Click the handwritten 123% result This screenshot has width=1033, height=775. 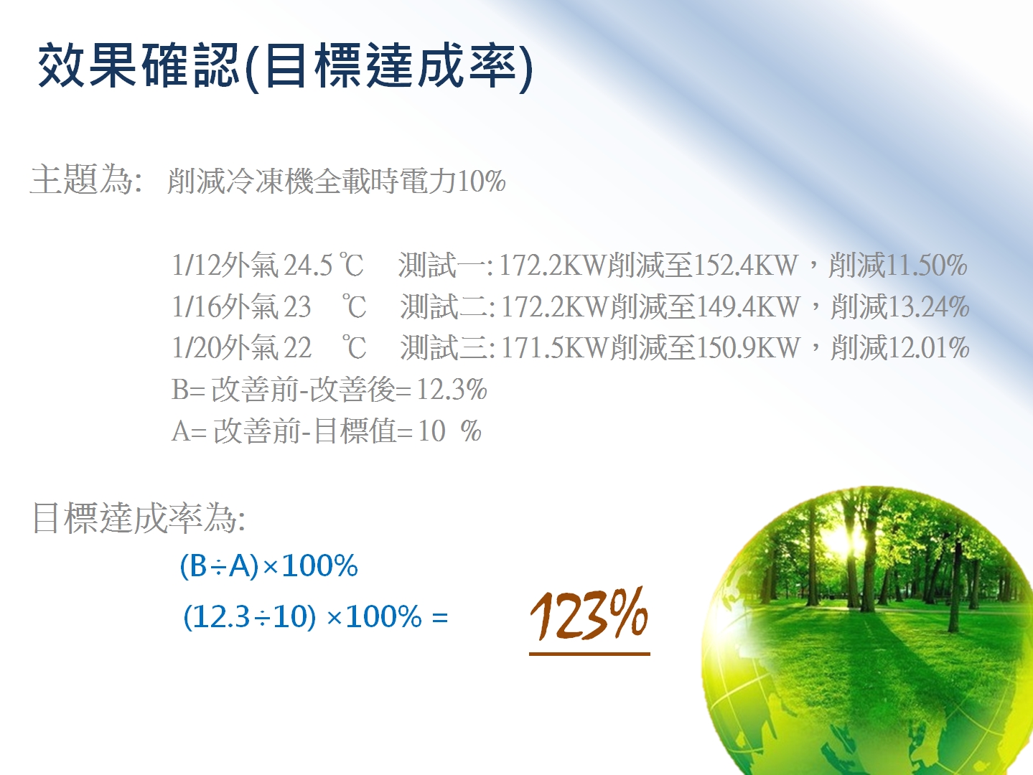[x=589, y=614]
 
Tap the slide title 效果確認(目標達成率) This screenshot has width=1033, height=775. [x=285, y=66]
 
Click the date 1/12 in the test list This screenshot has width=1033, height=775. [x=196, y=266]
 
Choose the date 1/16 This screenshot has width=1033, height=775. [x=196, y=306]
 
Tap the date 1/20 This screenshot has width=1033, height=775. [x=196, y=348]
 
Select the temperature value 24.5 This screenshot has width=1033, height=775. [x=308, y=266]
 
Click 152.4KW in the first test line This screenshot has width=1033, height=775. [x=746, y=266]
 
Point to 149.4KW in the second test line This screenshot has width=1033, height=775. [x=748, y=306]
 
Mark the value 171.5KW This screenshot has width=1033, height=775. [x=556, y=348]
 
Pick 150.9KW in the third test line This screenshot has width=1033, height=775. [x=748, y=348]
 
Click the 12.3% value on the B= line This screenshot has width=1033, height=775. [x=452, y=390]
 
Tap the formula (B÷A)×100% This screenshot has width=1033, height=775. [x=268, y=565]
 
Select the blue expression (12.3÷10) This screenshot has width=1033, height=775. [x=249, y=616]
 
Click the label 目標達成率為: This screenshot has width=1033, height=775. [x=139, y=518]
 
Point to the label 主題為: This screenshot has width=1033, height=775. [x=85, y=179]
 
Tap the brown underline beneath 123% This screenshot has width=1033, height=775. [x=589, y=654]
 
